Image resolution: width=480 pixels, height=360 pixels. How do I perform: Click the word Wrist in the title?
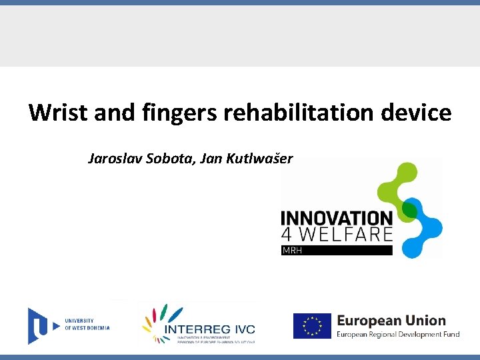pos(59,113)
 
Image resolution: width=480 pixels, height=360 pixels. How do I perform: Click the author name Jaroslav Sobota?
pos(135,159)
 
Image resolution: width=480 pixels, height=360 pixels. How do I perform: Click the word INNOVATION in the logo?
pos(337,219)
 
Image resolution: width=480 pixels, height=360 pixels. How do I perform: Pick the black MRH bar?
pos(337,251)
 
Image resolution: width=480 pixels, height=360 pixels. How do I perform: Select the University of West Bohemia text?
pos(87,325)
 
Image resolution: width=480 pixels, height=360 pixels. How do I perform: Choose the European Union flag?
pos(312,326)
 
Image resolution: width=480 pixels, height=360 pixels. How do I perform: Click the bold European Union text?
pos(391,321)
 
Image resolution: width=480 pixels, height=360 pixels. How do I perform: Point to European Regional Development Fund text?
pos(398,334)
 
